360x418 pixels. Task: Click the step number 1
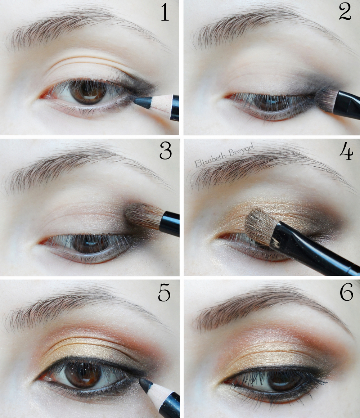pos(165,13)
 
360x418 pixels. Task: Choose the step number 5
pos(164,292)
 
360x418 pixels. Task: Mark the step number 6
pos(347,292)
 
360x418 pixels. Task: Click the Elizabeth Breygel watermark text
pos(224,155)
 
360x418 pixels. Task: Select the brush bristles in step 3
pos(144,216)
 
